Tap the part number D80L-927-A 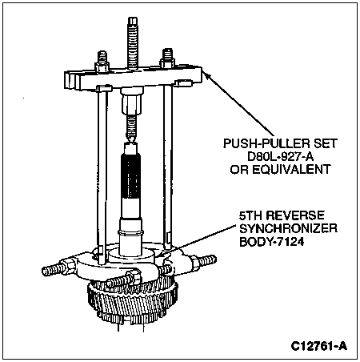point(281,156)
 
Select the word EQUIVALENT point(291,169)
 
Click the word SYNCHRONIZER point(288,228)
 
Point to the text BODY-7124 point(271,242)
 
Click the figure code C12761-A point(319,346)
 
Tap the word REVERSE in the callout point(296,215)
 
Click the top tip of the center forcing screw point(133,18)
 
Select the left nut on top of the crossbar point(102,67)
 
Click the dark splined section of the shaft point(130,177)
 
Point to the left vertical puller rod point(102,176)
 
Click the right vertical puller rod point(168,166)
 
